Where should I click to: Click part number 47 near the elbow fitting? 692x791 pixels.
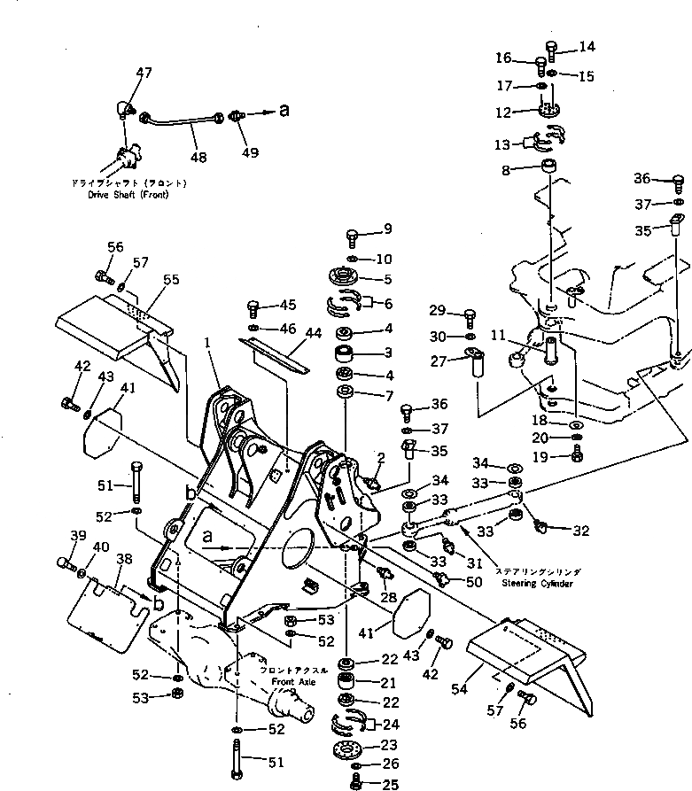(x=144, y=72)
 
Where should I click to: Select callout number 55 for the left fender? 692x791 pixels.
(x=170, y=279)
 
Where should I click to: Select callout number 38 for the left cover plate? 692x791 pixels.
(x=124, y=559)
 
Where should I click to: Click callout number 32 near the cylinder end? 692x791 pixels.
(x=580, y=531)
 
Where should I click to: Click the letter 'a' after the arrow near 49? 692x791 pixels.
(x=284, y=112)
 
